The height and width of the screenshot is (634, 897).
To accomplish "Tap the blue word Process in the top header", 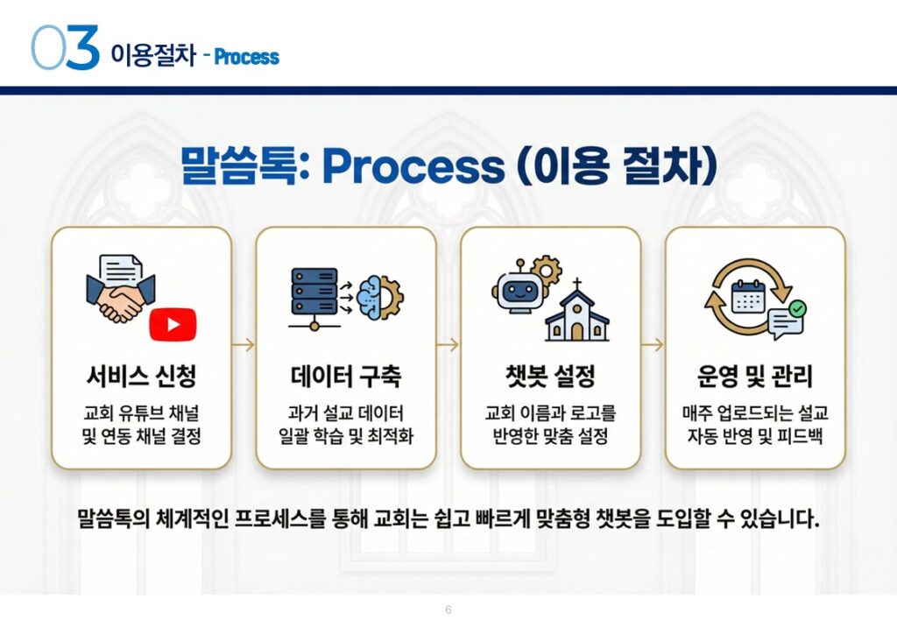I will coord(246,58).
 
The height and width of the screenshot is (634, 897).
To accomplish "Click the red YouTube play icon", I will coord(173,324).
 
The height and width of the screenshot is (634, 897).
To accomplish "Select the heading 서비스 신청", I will coord(141,377).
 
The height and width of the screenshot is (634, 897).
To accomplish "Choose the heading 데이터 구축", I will coord(345,377).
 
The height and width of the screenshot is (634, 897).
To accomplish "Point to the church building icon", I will coord(576,313).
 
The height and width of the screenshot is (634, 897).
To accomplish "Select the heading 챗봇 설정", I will coord(550,377).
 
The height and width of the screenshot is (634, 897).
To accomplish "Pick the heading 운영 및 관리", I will coord(754,377).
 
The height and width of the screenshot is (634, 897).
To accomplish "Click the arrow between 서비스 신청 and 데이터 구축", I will coord(244,345).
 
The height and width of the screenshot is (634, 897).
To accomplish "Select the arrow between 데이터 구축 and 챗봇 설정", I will coord(448,345).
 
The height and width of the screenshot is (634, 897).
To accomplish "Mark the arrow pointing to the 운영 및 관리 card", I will coord(652,345).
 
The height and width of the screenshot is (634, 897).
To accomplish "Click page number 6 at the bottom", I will coord(448,609).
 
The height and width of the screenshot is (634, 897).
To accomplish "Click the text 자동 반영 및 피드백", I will coord(754,435).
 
